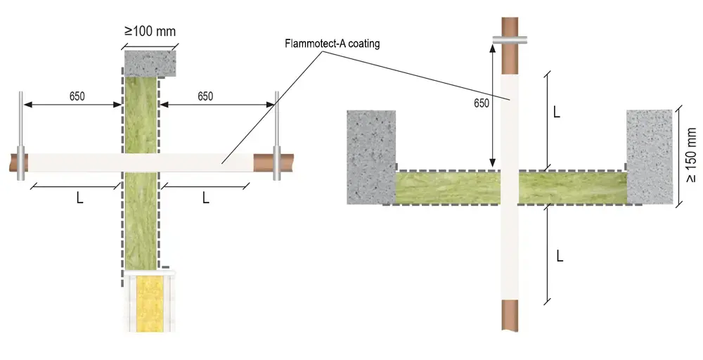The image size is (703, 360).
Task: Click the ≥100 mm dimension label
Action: [150, 32]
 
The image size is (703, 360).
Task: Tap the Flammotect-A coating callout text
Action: [333, 44]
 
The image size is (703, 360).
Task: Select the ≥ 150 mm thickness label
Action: [691, 155]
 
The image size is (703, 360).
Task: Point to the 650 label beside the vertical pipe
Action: [482, 103]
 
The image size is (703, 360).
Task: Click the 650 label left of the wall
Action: [77, 96]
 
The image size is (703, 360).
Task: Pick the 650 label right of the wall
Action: [205, 96]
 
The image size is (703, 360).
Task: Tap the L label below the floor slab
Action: [560, 257]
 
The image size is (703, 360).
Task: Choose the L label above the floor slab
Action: [556, 112]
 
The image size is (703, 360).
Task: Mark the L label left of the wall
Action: [80, 198]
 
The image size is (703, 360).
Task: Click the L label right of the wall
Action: [206, 198]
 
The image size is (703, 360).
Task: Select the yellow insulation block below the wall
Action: [150, 303]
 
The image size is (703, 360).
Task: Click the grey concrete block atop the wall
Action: [150, 63]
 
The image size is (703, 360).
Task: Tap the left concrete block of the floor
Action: [371, 157]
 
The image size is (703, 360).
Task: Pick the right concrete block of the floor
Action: [650, 157]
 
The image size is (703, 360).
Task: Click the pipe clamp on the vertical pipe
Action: [510, 40]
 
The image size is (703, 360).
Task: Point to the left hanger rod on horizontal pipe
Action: [20, 136]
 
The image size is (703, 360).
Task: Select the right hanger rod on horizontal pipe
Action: [276, 136]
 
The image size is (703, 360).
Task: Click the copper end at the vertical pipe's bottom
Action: [510, 316]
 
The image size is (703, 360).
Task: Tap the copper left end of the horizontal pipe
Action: [19, 162]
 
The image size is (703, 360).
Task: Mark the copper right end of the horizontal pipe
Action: [273, 162]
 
